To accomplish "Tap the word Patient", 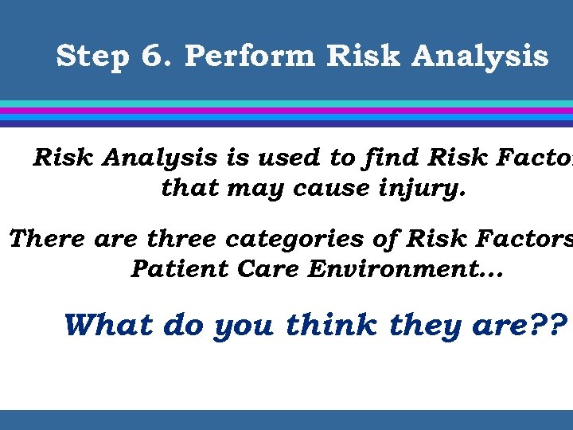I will tap(171, 270).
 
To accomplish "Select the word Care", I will tap(253, 270).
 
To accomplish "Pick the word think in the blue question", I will tap(333, 324).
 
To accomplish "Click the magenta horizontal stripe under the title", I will tap(286, 111).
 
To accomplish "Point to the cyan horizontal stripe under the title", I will tap(286, 104).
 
